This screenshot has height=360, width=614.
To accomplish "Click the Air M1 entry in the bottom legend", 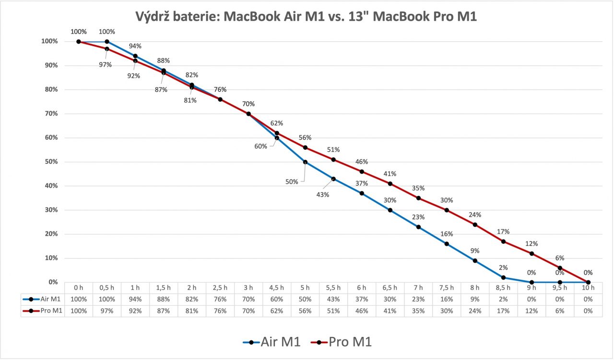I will pyautogui.click(x=280, y=342).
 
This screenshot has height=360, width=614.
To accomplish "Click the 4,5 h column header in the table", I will pyautogui.click(x=277, y=288).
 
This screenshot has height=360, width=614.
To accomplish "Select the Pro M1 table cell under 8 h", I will pyautogui.click(x=475, y=311).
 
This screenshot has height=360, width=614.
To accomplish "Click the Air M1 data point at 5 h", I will pyautogui.click(x=305, y=162).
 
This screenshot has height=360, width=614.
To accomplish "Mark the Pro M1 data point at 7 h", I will pyautogui.click(x=418, y=198).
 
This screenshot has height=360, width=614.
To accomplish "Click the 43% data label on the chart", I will pyautogui.click(x=323, y=195).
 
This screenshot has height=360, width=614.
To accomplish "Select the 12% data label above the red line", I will pyautogui.click(x=531, y=243).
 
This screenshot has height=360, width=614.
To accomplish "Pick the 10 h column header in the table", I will pyautogui.click(x=588, y=288).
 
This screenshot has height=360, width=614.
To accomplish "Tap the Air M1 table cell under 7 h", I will pyautogui.click(x=418, y=299).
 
